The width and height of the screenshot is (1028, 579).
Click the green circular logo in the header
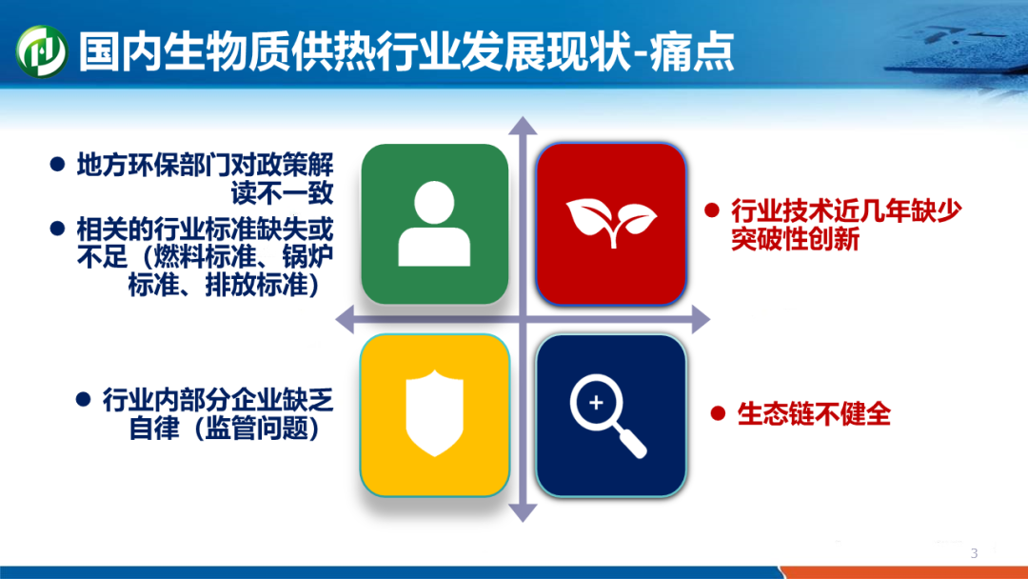[41, 51]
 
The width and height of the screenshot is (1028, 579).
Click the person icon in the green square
[434, 224]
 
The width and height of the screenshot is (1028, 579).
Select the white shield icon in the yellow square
[435, 413]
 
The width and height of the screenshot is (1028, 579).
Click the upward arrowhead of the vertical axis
[523, 126]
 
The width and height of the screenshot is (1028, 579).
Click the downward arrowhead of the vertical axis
[523, 512]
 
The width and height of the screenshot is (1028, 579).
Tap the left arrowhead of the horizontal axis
[346, 320]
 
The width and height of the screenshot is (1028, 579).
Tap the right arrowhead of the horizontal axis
[701, 320]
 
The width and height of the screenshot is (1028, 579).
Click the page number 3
[975, 553]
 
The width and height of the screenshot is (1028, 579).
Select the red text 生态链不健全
[814, 413]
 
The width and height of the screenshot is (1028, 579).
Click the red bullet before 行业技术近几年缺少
[712, 210]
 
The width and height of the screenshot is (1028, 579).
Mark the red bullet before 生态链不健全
[718, 413]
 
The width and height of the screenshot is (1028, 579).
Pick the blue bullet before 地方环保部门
[58, 164]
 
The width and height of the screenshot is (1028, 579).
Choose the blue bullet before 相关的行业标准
[58, 229]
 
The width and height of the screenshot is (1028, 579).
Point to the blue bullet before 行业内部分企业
[83, 399]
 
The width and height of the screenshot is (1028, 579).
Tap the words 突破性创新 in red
[795, 239]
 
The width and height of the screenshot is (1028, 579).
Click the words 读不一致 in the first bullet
[282, 192]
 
